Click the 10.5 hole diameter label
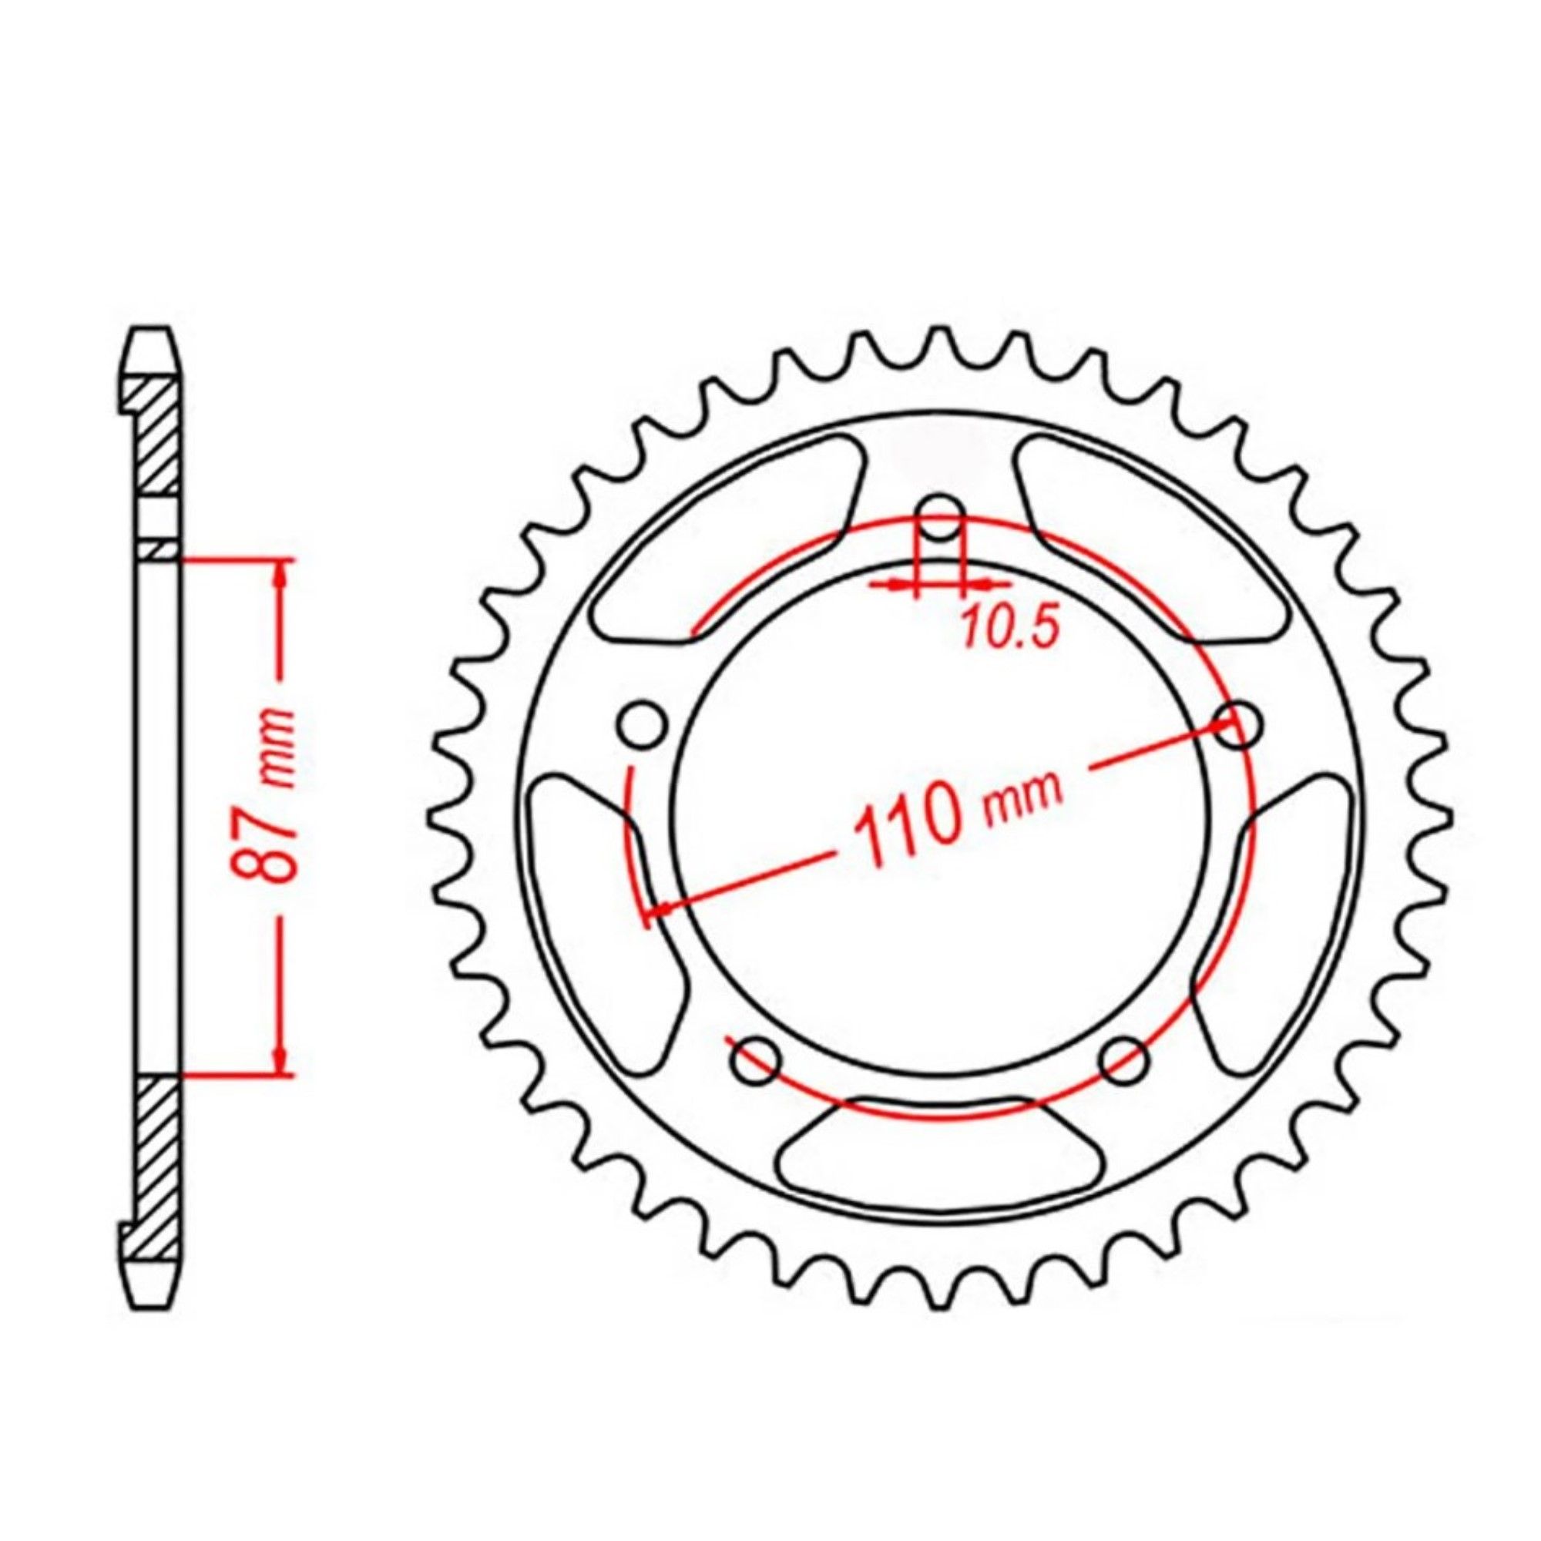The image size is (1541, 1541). point(1011,630)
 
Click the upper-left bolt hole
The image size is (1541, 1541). point(641,723)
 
